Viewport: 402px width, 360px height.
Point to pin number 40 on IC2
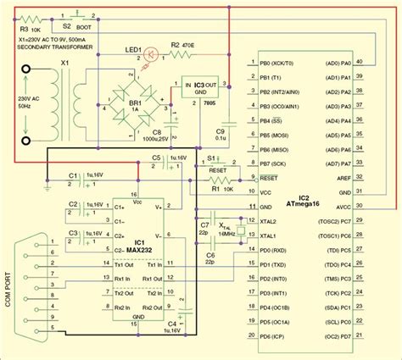coord(359,60)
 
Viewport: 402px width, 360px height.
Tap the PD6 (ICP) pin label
coord(275,338)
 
